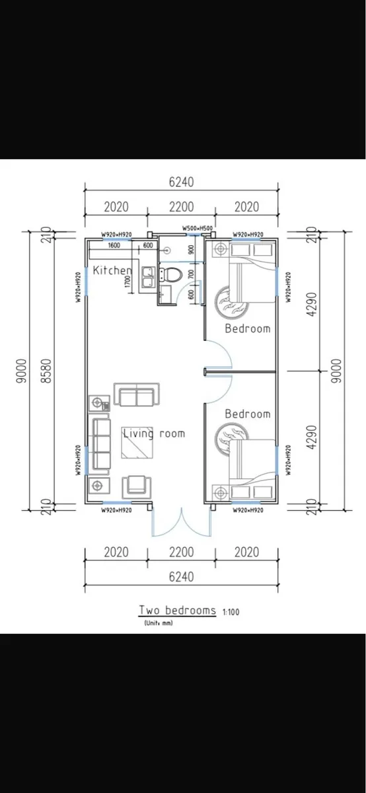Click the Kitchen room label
[112, 270]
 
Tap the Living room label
[153, 434]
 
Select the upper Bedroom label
[247, 328]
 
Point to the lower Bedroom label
[247, 414]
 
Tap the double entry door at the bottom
[181, 522]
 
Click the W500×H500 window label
[198, 229]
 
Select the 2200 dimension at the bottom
[181, 552]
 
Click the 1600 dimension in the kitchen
[114, 245]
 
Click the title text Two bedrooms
[176, 610]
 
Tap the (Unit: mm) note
[158, 623]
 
